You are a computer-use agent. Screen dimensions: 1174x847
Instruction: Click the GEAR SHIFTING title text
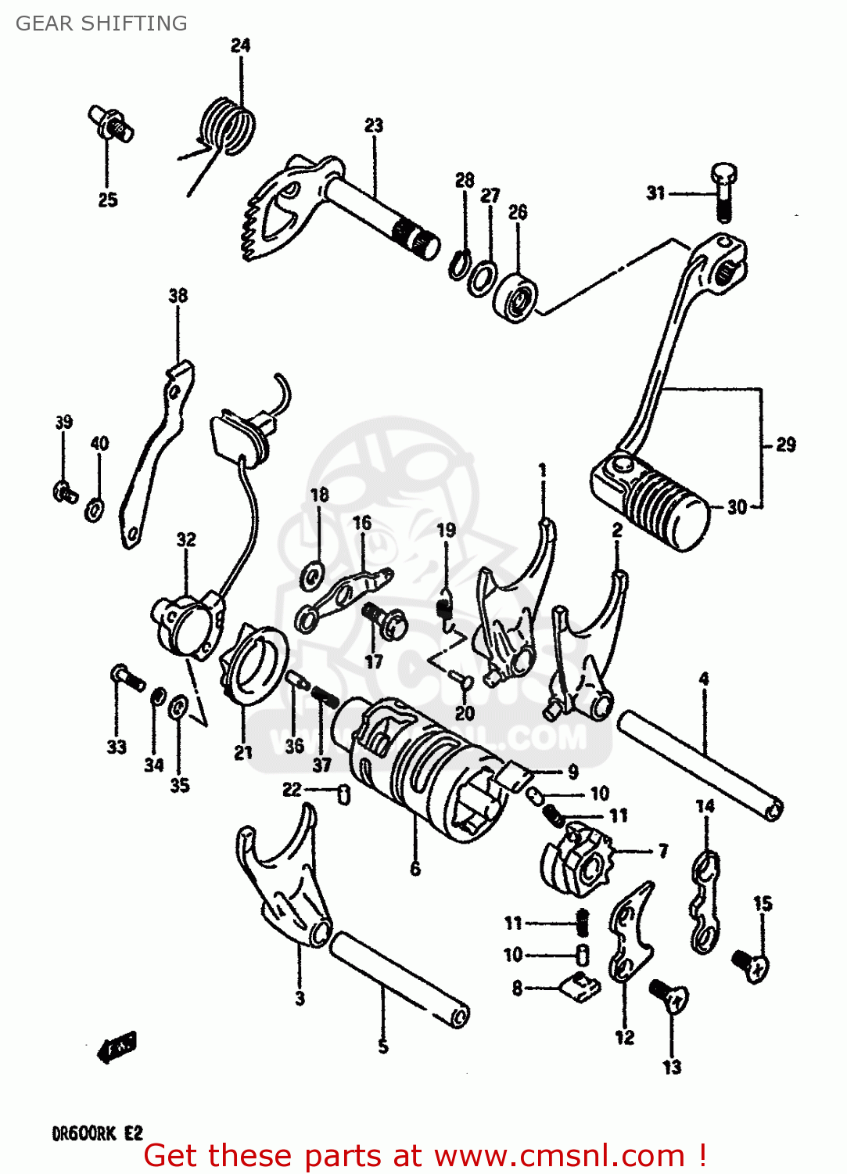click(x=101, y=23)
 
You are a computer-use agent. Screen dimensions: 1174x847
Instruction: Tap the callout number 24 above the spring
click(x=240, y=45)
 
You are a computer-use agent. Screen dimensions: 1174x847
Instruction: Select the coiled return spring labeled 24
click(x=228, y=125)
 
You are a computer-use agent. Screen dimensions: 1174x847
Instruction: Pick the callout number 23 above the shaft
click(x=374, y=125)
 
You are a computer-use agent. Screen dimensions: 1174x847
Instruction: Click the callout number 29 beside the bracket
click(x=785, y=445)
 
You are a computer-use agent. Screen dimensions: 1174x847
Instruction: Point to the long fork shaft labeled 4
click(x=700, y=764)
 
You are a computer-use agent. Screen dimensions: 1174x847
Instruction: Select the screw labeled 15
click(x=750, y=964)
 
